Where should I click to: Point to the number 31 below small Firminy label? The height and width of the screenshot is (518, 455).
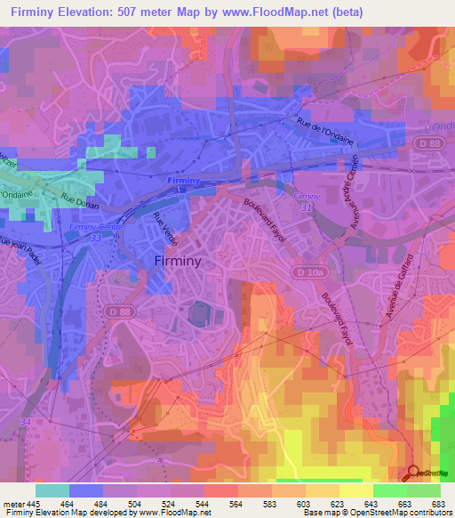click(x=308, y=207)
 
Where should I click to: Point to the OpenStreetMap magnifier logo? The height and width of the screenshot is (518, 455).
click(x=413, y=471)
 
